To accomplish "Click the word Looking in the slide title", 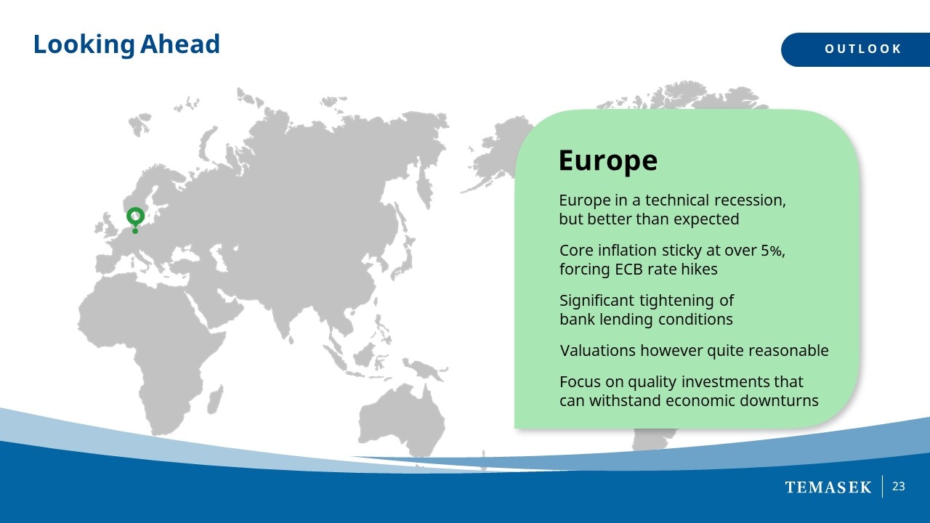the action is tap(84, 44).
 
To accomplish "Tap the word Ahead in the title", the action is tap(179, 44).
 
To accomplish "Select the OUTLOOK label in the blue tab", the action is tap(862, 49).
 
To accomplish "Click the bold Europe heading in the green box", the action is tap(608, 161).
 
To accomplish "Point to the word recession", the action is tap(750, 200).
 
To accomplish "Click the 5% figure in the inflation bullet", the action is tap(772, 251).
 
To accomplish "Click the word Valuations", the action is tap(597, 351).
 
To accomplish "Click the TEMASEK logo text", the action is tap(828, 487).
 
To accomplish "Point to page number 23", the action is tap(899, 487).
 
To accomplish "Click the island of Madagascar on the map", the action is tap(215, 400).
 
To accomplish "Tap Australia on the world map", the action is tap(401, 419).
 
